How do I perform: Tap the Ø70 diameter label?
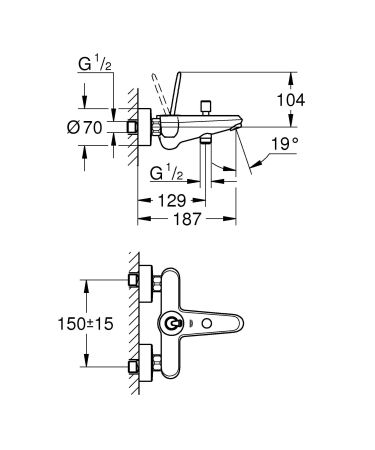click(87, 127)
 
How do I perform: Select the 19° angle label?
click(288, 145)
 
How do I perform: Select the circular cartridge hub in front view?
click(178, 325)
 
